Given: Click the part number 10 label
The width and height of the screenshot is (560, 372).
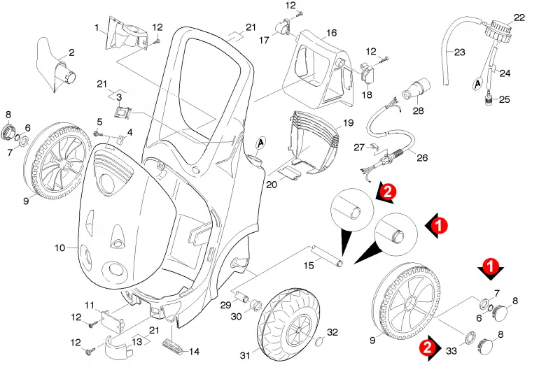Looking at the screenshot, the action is pos(59,248).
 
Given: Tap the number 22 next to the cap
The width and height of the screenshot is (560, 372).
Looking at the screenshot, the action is pos(519,17).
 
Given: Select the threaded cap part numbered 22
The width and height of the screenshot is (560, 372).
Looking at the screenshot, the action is pos(498,29).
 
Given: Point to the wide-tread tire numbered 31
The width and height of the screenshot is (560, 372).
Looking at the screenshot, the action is pos(288,323).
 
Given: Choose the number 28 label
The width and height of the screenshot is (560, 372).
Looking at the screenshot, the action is pos(418,110).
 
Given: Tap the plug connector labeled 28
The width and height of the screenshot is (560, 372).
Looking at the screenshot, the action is pos(416,89).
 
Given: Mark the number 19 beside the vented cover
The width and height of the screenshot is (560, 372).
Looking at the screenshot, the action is pos(348,123).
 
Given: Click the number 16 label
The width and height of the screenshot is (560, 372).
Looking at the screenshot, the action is pos(331,33).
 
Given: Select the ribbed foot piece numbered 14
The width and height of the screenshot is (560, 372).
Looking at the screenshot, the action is pos(173,345).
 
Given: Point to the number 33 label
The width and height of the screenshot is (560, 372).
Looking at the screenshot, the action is pos(451,351).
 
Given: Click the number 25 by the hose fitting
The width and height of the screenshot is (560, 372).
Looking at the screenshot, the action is pos(504,99).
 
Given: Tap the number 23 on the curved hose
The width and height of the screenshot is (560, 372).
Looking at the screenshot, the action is pos(459,52).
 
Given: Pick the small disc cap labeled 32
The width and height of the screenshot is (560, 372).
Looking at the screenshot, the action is pos(319,343).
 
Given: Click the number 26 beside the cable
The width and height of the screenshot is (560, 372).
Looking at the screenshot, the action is pos(422,157).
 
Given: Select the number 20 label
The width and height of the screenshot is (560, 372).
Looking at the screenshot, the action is pos(271,185).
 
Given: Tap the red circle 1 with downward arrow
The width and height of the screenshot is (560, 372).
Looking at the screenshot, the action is pos(491,269).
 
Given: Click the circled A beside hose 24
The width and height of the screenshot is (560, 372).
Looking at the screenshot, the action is pos(477,84).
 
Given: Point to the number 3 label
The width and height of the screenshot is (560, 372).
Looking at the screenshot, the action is pos(119,97).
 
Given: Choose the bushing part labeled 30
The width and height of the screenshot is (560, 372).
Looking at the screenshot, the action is pos(256,306).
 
